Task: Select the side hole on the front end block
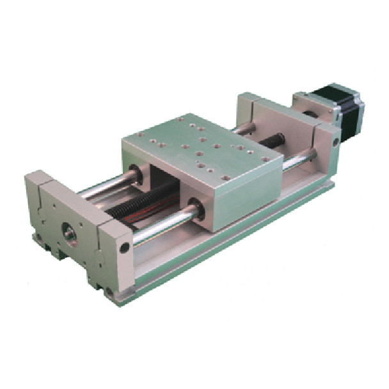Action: (124, 246)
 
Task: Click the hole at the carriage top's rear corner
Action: (183, 119)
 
